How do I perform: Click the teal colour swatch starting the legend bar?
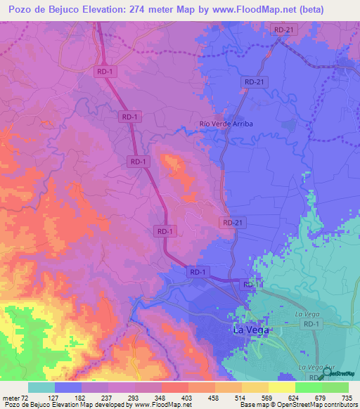(41, 387)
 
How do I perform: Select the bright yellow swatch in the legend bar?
(281, 387)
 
